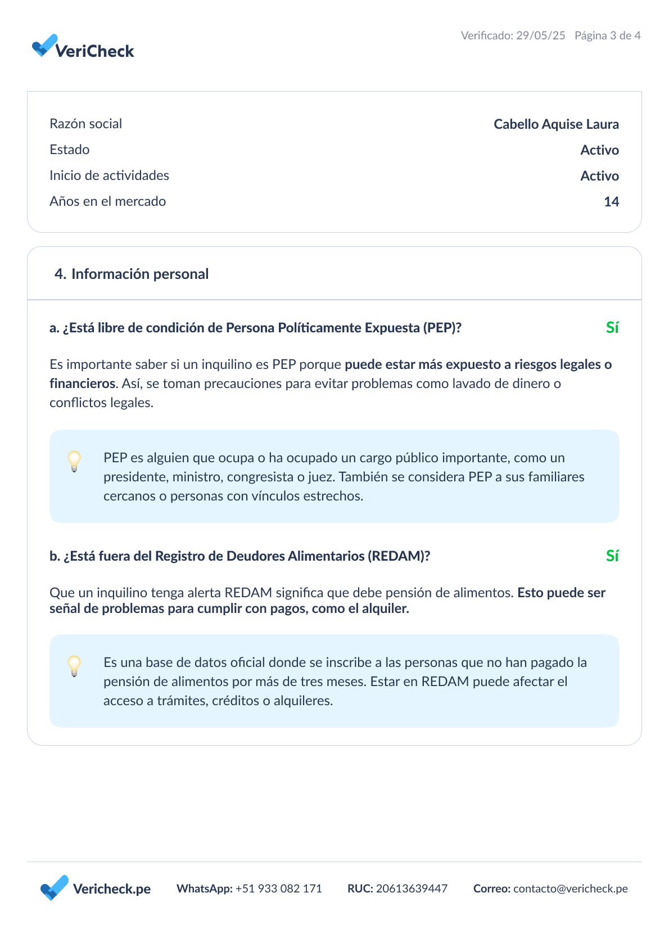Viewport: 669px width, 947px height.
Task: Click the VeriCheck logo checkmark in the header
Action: pyautogui.click(x=44, y=46)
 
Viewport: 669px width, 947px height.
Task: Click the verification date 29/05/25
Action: pyautogui.click(x=540, y=35)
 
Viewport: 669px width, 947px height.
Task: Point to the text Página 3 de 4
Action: pyautogui.click(x=607, y=35)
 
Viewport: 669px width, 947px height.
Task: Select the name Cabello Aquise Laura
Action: pyautogui.click(x=556, y=124)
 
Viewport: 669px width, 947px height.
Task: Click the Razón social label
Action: pyautogui.click(x=85, y=124)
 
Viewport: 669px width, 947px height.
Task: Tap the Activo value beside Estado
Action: pyautogui.click(x=599, y=150)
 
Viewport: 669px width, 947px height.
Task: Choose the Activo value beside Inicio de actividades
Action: pyautogui.click(x=599, y=176)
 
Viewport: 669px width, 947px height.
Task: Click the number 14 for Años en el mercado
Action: pyautogui.click(x=611, y=202)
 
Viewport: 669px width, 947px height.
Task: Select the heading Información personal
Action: pyautogui.click(x=139, y=274)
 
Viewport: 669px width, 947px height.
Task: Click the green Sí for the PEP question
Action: pyautogui.click(x=612, y=328)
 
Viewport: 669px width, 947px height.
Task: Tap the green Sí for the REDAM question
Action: pyautogui.click(x=612, y=556)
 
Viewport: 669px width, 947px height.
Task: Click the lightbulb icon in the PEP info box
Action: pyautogui.click(x=74, y=461)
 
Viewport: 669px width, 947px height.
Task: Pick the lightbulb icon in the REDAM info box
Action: pyautogui.click(x=74, y=666)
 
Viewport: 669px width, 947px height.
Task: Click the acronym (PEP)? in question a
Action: pyautogui.click(x=442, y=328)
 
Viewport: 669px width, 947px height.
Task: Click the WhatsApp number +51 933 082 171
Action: pyautogui.click(x=278, y=889)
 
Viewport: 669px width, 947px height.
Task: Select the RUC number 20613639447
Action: pyautogui.click(x=412, y=889)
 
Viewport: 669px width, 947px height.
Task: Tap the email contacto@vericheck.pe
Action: pyautogui.click(x=570, y=889)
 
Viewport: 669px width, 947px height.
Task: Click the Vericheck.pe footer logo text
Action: pyautogui.click(x=111, y=889)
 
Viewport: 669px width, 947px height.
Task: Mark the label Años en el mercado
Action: pyautogui.click(x=107, y=201)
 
